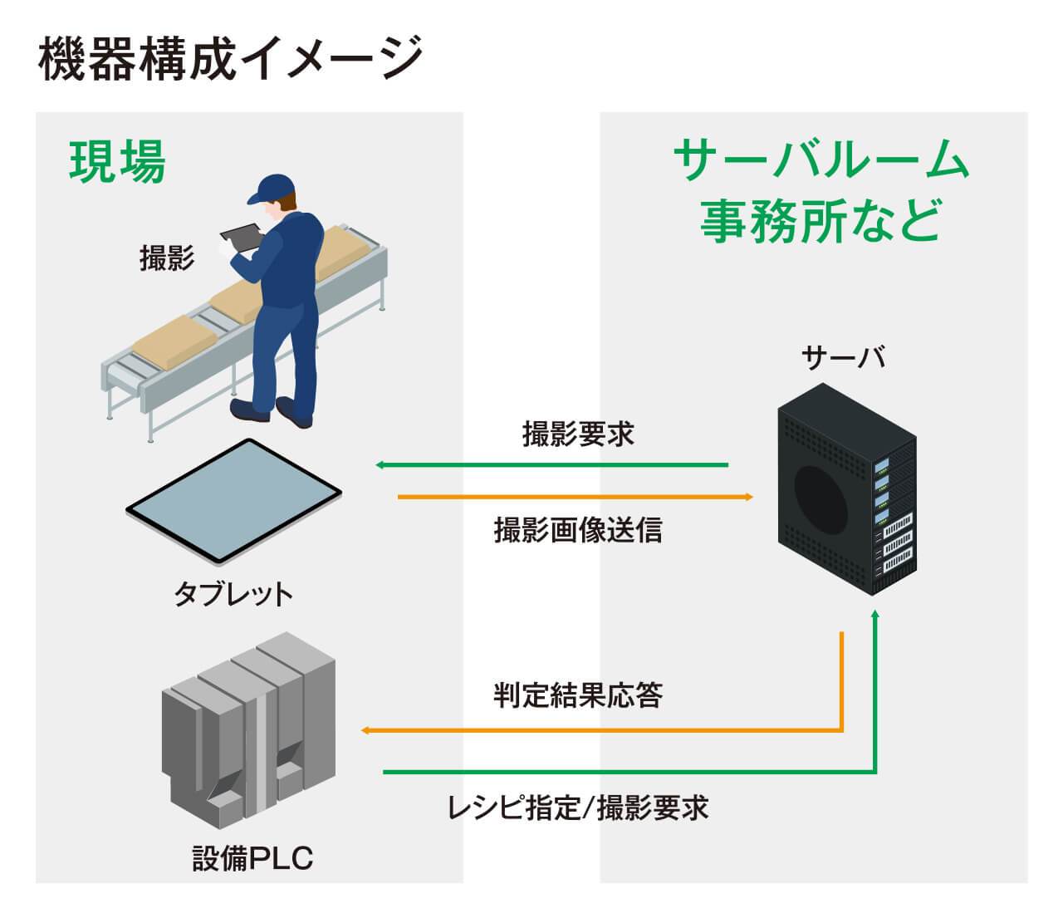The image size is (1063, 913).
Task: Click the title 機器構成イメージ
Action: click(231, 58)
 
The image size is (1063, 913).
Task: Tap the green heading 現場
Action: click(117, 161)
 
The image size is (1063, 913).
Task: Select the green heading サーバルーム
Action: click(821, 160)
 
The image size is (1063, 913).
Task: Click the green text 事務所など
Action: click(821, 220)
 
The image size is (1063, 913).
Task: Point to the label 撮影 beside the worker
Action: click(167, 258)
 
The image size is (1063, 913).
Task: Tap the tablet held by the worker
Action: click(240, 236)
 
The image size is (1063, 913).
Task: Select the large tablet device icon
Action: click(233, 501)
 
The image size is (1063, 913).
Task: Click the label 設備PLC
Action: click(252, 858)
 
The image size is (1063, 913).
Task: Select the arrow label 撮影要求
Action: click(578, 434)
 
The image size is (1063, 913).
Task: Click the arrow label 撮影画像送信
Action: click(578, 529)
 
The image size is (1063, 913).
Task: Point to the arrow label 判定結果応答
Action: click(578, 695)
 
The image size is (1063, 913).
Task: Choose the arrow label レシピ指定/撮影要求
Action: click(578, 807)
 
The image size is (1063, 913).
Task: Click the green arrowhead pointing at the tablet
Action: click(380, 464)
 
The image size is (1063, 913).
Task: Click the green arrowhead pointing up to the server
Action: click(874, 615)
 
